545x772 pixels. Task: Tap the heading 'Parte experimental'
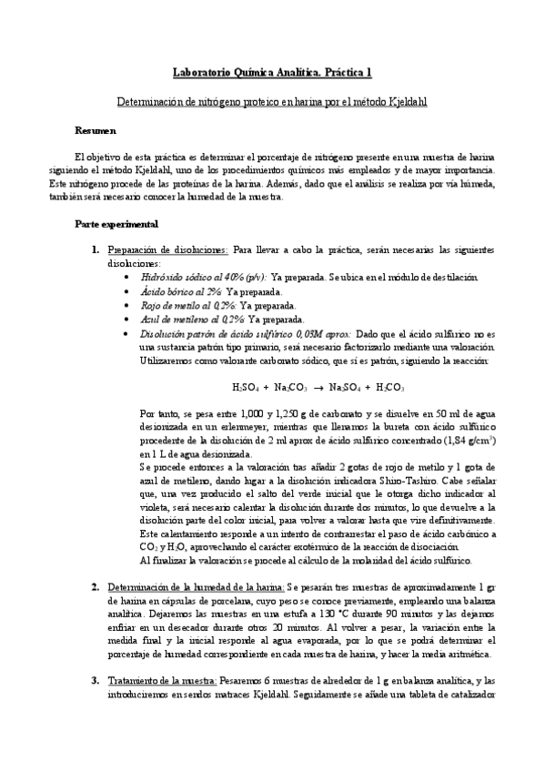pos(117,224)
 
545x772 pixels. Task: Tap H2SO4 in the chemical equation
pos(246,387)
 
